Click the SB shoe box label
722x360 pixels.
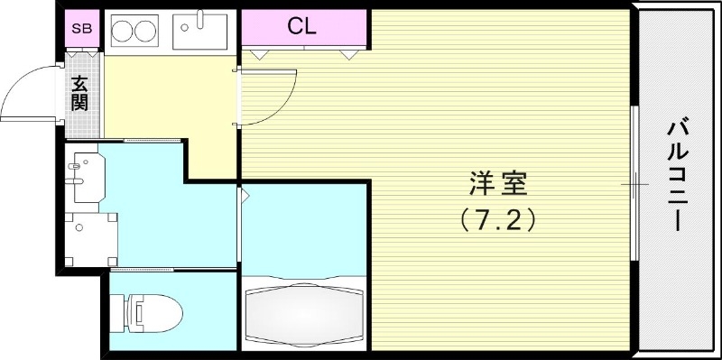coord(82,28)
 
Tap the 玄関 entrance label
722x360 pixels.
coord(81,93)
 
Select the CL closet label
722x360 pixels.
coord(301,25)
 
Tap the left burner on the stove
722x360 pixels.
coord(124,32)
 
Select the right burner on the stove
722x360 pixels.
coord(147,32)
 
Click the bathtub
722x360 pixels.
coord(304,310)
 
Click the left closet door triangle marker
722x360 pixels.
coord(259,53)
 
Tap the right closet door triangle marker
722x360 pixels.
coord(347,53)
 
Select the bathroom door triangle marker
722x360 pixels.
coord(245,195)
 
